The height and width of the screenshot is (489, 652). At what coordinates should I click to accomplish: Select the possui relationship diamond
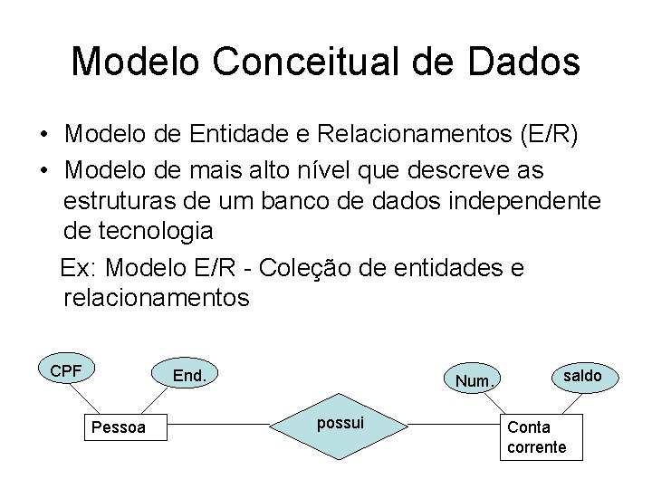click(341, 423)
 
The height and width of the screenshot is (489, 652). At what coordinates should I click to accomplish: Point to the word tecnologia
click(139, 231)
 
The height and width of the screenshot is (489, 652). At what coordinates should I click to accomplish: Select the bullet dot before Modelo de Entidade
click(43, 136)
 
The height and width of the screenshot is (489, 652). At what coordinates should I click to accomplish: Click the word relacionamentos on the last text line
click(156, 297)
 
